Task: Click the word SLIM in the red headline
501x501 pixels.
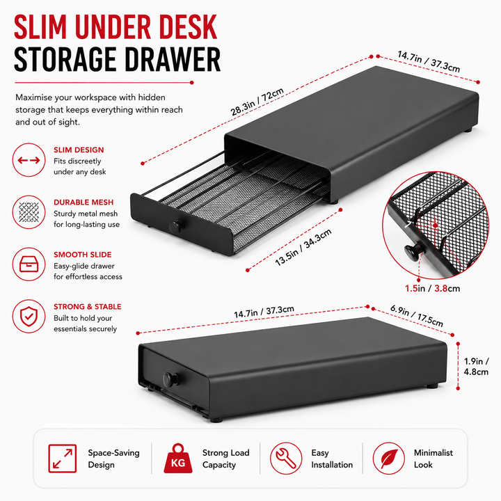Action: click(40, 27)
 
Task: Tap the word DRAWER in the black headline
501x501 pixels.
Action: click(173, 59)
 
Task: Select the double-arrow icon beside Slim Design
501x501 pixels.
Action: click(29, 160)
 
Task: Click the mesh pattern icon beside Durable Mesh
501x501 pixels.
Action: click(29, 212)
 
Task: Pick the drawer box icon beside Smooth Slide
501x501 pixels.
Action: click(29, 264)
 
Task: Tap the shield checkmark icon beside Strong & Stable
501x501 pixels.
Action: click(29, 317)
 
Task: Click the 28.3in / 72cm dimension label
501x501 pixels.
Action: click(257, 102)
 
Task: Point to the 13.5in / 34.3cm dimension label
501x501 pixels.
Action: click(303, 247)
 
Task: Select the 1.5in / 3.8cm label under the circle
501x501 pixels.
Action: click(432, 289)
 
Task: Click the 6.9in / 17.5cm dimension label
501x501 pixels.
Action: click(417, 316)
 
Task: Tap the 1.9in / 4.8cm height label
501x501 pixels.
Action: click(476, 367)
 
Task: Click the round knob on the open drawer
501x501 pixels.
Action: click(176, 226)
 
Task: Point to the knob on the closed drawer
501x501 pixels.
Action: click(170, 379)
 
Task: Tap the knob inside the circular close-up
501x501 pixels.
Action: click(413, 252)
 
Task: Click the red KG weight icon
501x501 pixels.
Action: click(178, 459)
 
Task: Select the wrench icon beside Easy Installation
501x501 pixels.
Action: click(286, 458)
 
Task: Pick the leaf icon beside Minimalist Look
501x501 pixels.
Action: click(389, 458)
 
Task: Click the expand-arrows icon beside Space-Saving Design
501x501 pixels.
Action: click(63, 458)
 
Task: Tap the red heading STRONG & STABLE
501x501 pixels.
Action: click(88, 307)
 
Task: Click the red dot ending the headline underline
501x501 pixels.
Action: click(192, 82)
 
